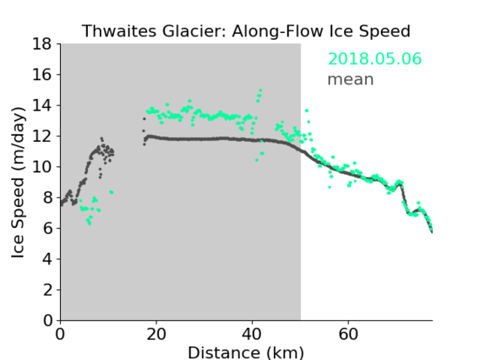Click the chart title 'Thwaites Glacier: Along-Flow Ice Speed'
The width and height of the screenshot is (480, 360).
click(x=246, y=31)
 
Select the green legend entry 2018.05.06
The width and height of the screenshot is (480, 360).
click(x=374, y=59)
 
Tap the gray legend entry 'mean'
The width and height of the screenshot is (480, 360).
click(x=351, y=79)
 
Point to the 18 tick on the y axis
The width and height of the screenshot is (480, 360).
click(x=42, y=44)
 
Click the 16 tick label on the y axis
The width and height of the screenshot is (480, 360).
click(x=42, y=74)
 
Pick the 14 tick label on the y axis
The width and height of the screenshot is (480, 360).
click(x=42, y=106)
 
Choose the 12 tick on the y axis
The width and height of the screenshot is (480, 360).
click(x=42, y=136)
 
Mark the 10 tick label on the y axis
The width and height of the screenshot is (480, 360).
click(x=42, y=167)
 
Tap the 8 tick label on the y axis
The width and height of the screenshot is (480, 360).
click(x=47, y=198)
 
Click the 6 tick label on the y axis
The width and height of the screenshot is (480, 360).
click(x=47, y=229)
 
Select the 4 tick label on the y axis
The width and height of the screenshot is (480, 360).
click(x=47, y=259)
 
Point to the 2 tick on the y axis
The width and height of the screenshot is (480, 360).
click(x=47, y=290)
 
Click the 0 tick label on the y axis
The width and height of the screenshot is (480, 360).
click(x=47, y=321)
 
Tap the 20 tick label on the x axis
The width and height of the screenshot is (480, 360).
click(x=156, y=335)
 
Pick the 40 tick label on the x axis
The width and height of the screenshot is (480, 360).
click(x=252, y=335)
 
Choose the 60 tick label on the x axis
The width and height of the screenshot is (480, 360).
click(x=348, y=335)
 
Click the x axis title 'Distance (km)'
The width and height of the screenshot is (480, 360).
click(x=246, y=352)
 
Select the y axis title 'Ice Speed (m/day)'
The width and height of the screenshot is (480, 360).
click(x=18, y=183)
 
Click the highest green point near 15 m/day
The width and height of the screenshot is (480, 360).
click(x=260, y=90)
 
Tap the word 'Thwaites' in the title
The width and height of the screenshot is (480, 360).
click(x=120, y=31)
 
